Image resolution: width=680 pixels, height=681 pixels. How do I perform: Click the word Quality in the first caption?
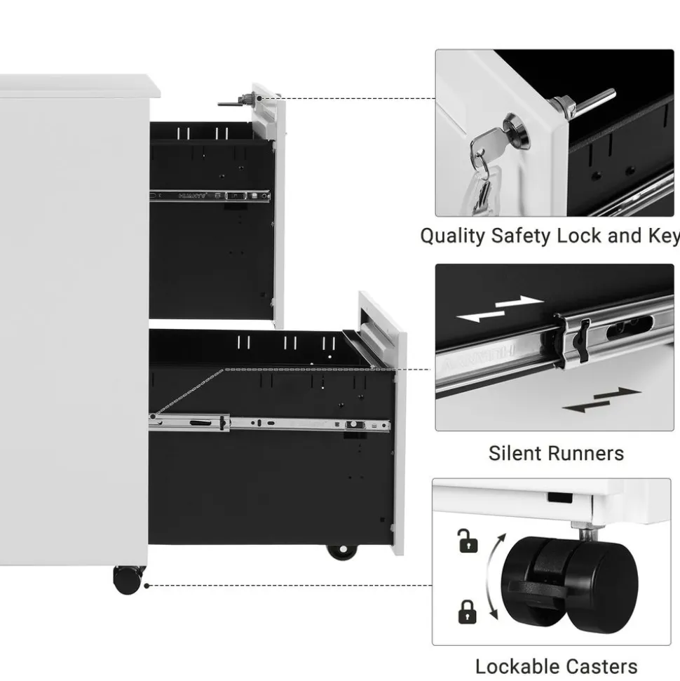pos(452,236)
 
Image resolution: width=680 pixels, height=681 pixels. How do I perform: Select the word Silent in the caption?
pos(515,453)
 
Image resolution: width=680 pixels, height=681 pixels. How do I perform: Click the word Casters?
pos(603,666)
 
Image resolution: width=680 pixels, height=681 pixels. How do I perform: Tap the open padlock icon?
pos(468,541)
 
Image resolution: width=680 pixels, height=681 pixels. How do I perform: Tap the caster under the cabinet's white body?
pos(128,580)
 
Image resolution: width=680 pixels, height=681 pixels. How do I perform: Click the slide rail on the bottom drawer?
pos(270,423)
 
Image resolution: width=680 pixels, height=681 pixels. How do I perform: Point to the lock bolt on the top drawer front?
pos(235,102)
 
